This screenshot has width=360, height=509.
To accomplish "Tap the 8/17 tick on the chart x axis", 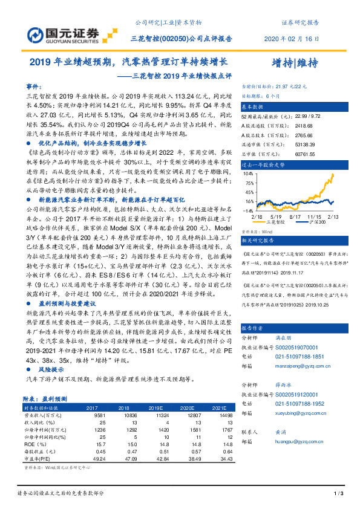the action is coord(295,216).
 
